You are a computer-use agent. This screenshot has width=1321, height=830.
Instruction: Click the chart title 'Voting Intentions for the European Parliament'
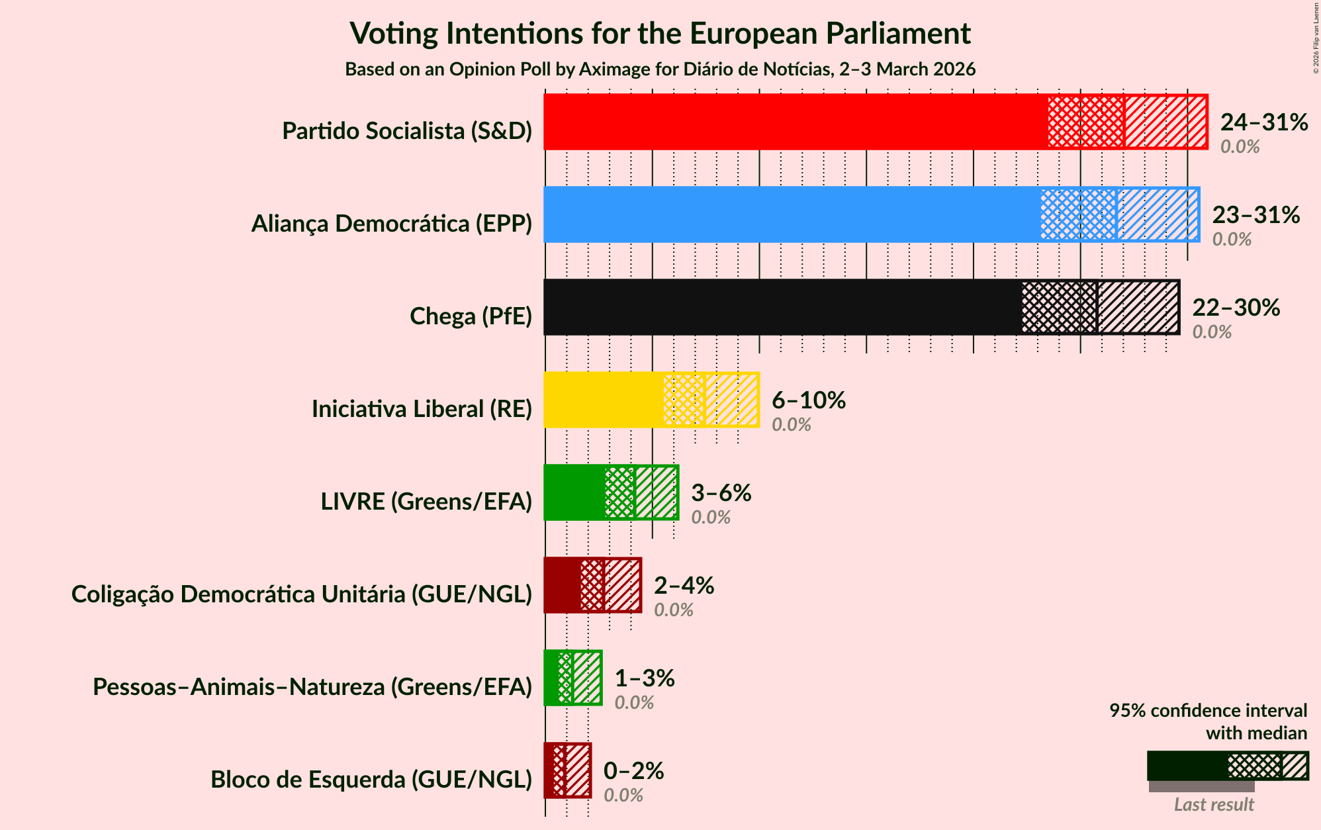[x=660, y=33]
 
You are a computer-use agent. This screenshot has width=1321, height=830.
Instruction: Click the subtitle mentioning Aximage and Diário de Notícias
[x=660, y=69]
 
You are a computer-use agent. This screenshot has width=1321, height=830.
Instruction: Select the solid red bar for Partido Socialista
[x=794, y=122]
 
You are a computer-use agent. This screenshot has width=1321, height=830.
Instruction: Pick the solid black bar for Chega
[x=781, y=307]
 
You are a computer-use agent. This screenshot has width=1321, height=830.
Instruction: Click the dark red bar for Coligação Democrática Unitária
[x=562, y=585]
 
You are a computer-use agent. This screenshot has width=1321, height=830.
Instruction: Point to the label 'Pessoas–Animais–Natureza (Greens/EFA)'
[x=312, y=687]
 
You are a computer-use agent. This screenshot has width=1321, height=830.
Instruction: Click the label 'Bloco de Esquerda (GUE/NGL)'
[x=371, y=780]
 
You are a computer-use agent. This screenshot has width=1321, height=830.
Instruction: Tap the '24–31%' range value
[x=1263, y=122]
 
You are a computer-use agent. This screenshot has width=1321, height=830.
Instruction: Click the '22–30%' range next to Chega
[x=1236, y=307]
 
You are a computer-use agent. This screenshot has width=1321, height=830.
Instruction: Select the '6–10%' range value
[x=808, y=400]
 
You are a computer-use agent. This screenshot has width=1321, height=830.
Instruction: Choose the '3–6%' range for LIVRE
[x=721, y=492]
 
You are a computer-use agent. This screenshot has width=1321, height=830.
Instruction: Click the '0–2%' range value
[x=633, y=770]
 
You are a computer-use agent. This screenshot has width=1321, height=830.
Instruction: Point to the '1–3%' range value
[x=644, y=678]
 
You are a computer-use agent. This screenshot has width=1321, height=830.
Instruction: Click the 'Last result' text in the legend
[x=1213, y=804]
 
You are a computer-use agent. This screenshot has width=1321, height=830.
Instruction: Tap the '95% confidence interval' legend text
[x=1208, y=711]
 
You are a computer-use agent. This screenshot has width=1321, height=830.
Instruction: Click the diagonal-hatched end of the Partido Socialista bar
[x=1165, y=122]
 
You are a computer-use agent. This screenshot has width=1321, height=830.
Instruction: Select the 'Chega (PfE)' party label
[x=471, y=316]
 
